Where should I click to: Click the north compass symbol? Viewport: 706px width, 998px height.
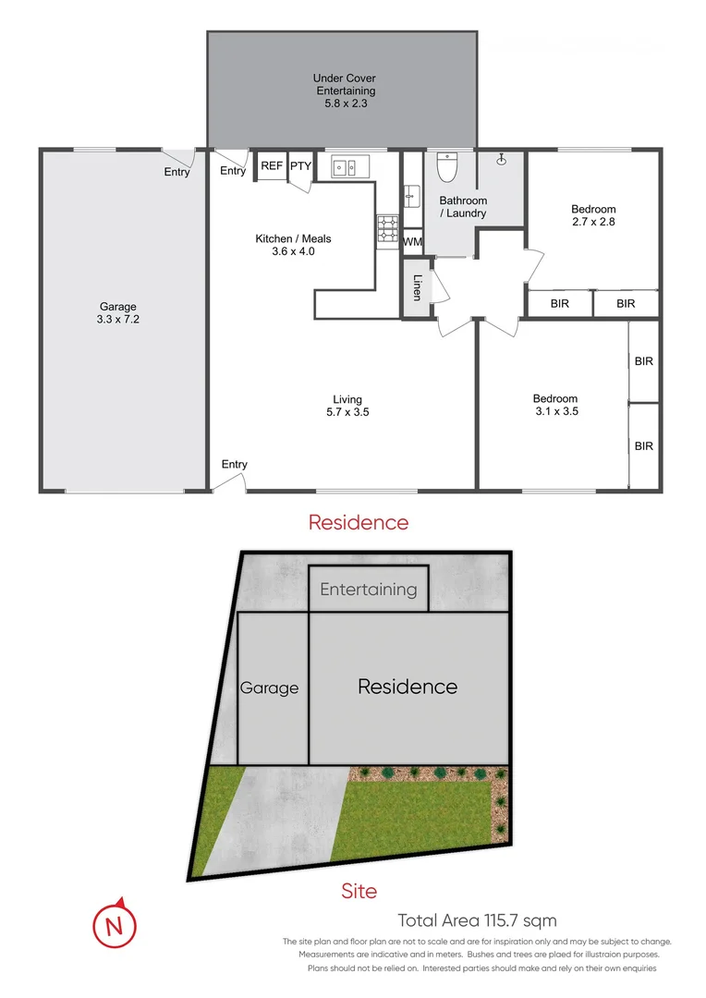[x=114, y=924]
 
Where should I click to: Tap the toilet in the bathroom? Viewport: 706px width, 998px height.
[x=447, y=166]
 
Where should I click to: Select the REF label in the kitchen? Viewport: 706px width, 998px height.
[x=271, y=166]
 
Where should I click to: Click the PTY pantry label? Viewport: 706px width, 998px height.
[x=301, y=166]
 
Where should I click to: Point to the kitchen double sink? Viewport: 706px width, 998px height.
[x=347, y=167]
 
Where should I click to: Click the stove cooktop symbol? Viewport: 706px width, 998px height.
[x=386, y=230]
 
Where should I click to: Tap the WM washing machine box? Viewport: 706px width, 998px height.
[x=413, y=242]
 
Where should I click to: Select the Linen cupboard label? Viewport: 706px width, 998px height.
[x=417, y=288]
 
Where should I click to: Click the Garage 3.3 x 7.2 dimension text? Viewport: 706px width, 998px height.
[x=118, y=312]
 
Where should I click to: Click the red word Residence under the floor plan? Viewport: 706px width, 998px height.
[x=358, y=522]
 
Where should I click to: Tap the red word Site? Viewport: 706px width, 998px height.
[x=359, y=891]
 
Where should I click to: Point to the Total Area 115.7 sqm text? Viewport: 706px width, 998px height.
[x=477, y=919]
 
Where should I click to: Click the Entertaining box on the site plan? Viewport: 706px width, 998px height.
[x=368, y=589]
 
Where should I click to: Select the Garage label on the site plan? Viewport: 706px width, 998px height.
[x=269, y=688]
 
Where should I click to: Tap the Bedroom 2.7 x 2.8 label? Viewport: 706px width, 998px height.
[x=593, y=215]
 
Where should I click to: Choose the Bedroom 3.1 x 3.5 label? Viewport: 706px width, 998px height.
[x=555, y=405]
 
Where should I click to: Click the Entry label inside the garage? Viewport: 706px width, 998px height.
[x=176, y=172]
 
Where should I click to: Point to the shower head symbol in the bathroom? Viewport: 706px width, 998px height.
[x=503, y=159]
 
